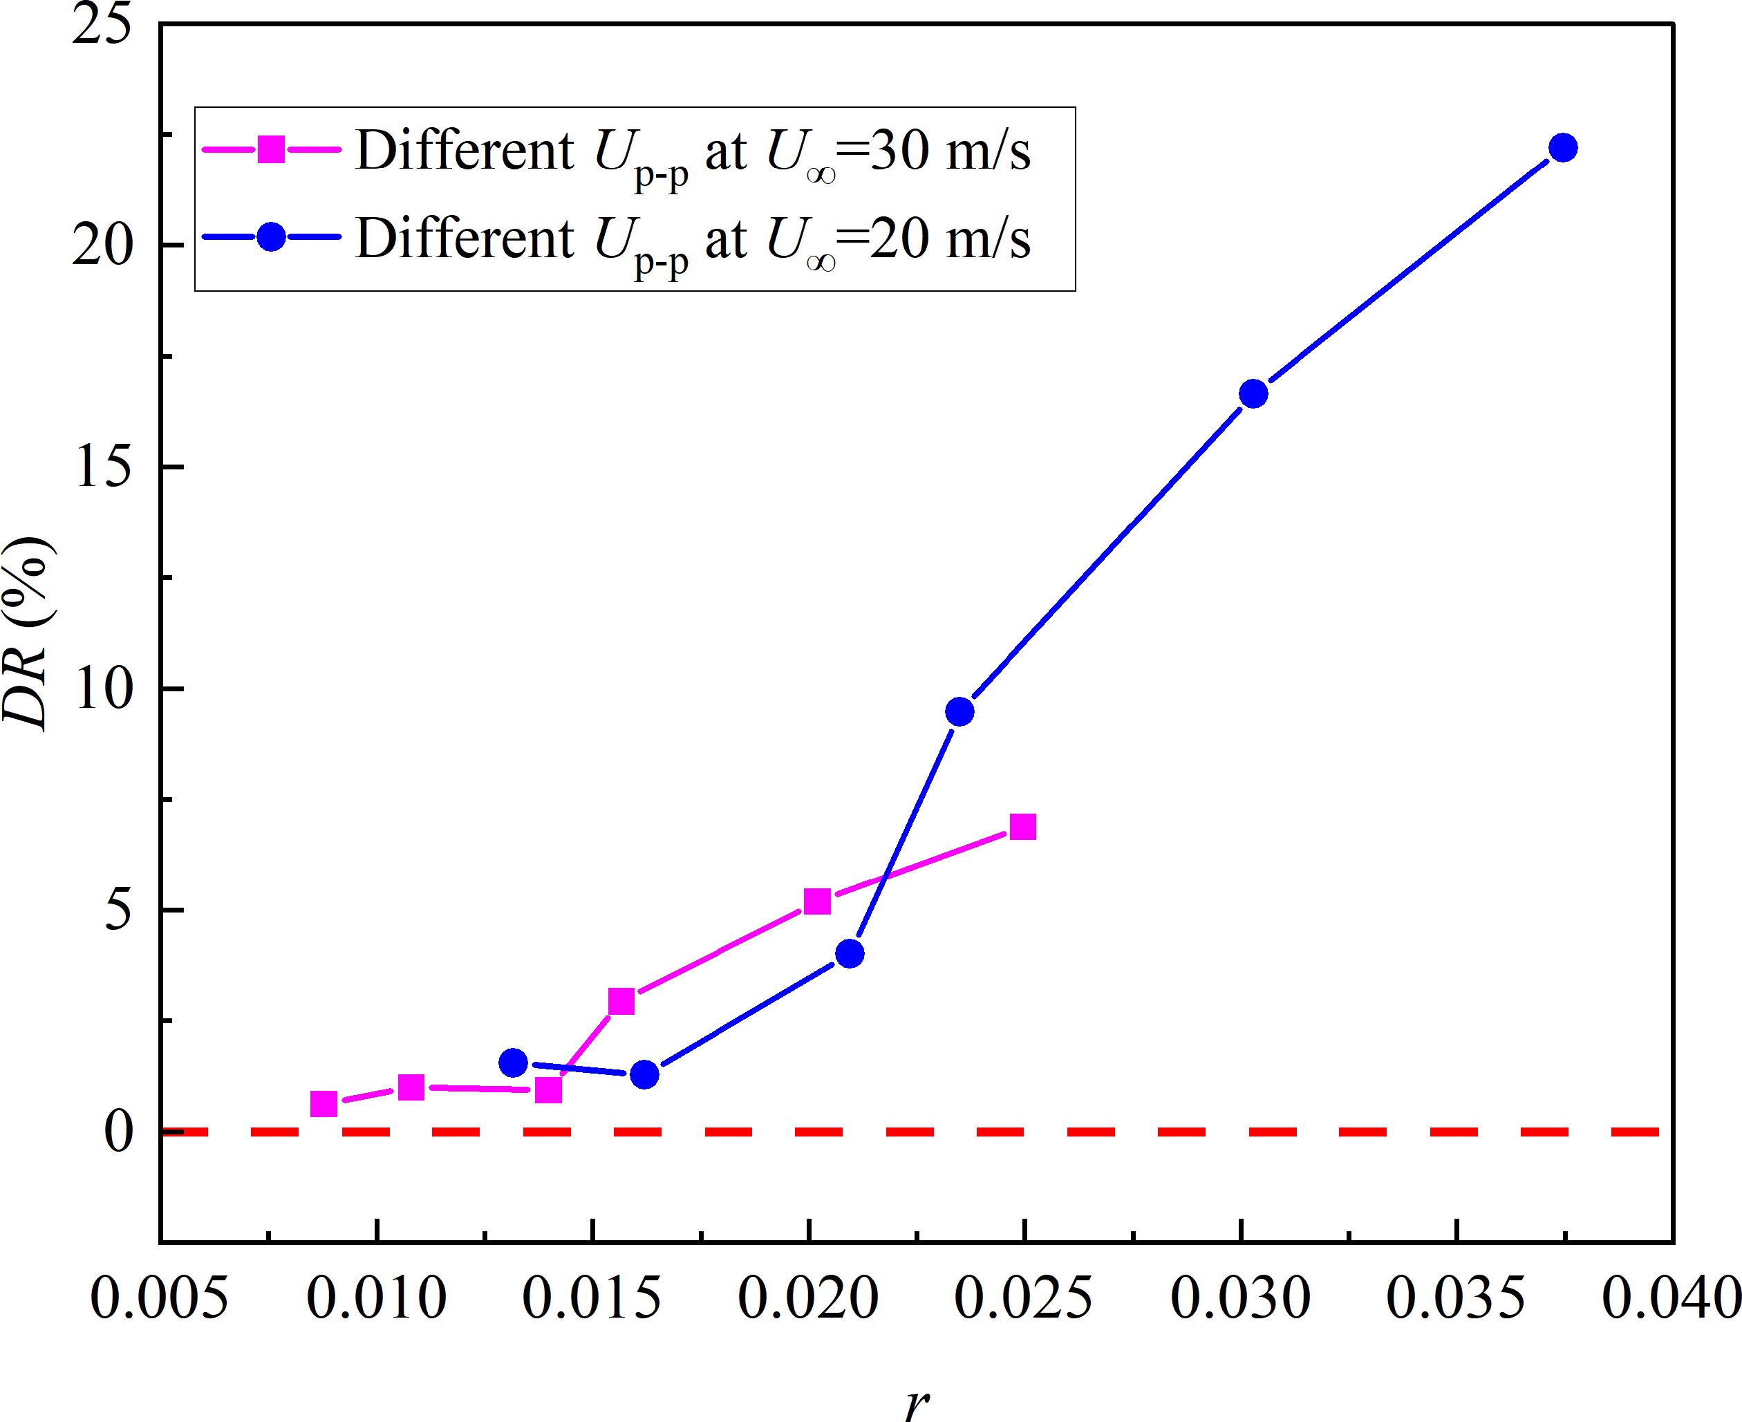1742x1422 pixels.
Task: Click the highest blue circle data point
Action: [x=1563, y=148]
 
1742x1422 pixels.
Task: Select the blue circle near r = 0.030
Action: [x=1253, y=394]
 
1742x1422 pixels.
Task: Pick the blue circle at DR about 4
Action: [x=850, y=953]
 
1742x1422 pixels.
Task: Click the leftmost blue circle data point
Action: [x=513, y=1063]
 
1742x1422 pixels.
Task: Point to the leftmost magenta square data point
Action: [x=324, y=1104]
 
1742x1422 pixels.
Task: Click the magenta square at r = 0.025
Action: [x=1023, y=827]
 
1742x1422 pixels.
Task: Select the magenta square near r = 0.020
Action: [x=817, y=901]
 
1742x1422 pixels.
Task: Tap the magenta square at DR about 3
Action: [x=621, y=1001]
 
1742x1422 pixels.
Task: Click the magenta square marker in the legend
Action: [x=271, y=150]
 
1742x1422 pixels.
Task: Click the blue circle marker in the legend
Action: [x=271, y=238]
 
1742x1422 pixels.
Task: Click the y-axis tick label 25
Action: [x=102, y=26]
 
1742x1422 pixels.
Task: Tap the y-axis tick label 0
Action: [x=119, y=1134]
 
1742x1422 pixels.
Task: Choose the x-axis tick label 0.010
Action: [x=376, y=1298]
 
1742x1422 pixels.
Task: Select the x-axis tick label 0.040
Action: [x=1671, y=1298]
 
